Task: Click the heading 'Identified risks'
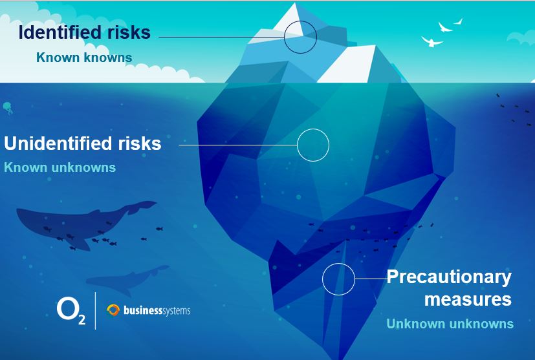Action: tap(85, 32)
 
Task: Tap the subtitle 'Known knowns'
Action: tap(84, 58)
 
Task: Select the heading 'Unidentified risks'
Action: tap(83, 143)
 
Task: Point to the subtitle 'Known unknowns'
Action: tap(60, 167)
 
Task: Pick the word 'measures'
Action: tap(468, 299)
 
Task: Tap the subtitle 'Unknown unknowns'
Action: tap(450, 324)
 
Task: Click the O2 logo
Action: tap(71, 311)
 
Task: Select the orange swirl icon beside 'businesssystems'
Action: tap(113, 310)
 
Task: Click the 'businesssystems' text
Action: tap(157, 311)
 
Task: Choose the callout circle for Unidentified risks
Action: tap(313, 129)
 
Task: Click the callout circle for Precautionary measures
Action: tap(338, 263)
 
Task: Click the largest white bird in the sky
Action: tap(431, 41)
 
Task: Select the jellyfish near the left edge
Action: tap(8, 108)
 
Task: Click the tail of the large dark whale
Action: tap(142, 206)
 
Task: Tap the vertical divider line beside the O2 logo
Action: tap(95, 311)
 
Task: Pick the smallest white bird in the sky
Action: tap(459, 22)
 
